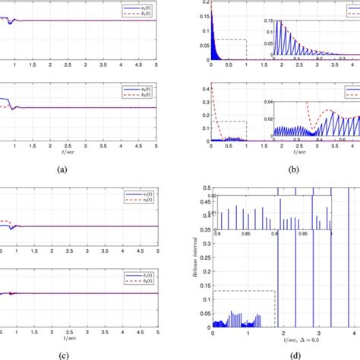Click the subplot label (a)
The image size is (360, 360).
coord(61,171)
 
